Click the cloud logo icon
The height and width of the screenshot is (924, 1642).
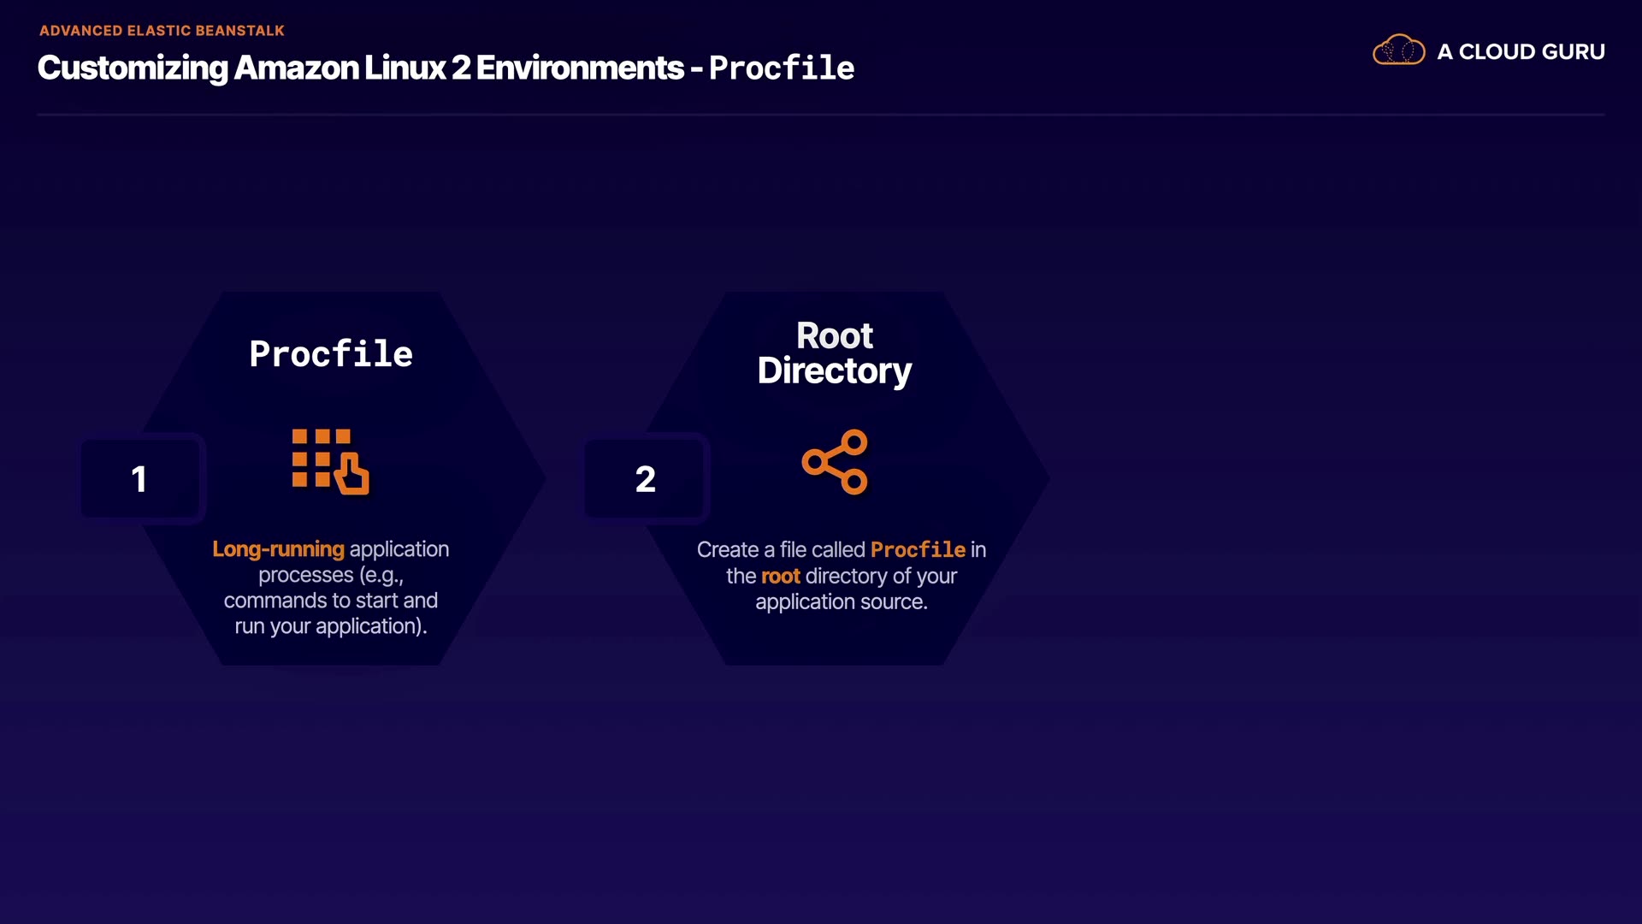[1398, 50]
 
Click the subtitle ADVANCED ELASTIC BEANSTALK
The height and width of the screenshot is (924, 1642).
[162, 31]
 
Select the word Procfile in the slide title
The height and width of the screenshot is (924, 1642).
[781, 68]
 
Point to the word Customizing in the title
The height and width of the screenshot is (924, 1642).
[133, 68]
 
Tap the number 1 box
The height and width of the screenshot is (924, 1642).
[139, 478]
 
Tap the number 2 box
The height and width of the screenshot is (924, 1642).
[645, 478]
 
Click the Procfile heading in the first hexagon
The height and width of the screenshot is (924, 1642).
[331, 354]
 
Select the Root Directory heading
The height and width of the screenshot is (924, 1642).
[835, 353]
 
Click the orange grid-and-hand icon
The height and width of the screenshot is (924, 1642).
[330, 462]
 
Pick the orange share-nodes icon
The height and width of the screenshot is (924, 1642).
[835, 462]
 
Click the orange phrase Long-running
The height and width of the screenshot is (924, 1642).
[278, 549]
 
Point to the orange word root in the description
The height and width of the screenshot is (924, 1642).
[780, 577]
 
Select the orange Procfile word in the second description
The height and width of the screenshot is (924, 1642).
[918, 550]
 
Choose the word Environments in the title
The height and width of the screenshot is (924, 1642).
[580, 68]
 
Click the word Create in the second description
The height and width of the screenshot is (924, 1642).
[727, 550]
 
